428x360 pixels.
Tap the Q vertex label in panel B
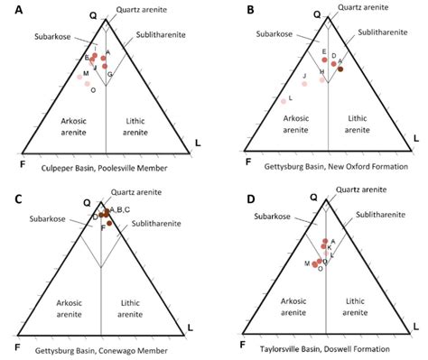[x=316, y=14]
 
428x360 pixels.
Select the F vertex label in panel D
[x=243, y=344]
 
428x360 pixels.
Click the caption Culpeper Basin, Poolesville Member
[x=102, y=168]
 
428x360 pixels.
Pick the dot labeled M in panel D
[x=315, y=264]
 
